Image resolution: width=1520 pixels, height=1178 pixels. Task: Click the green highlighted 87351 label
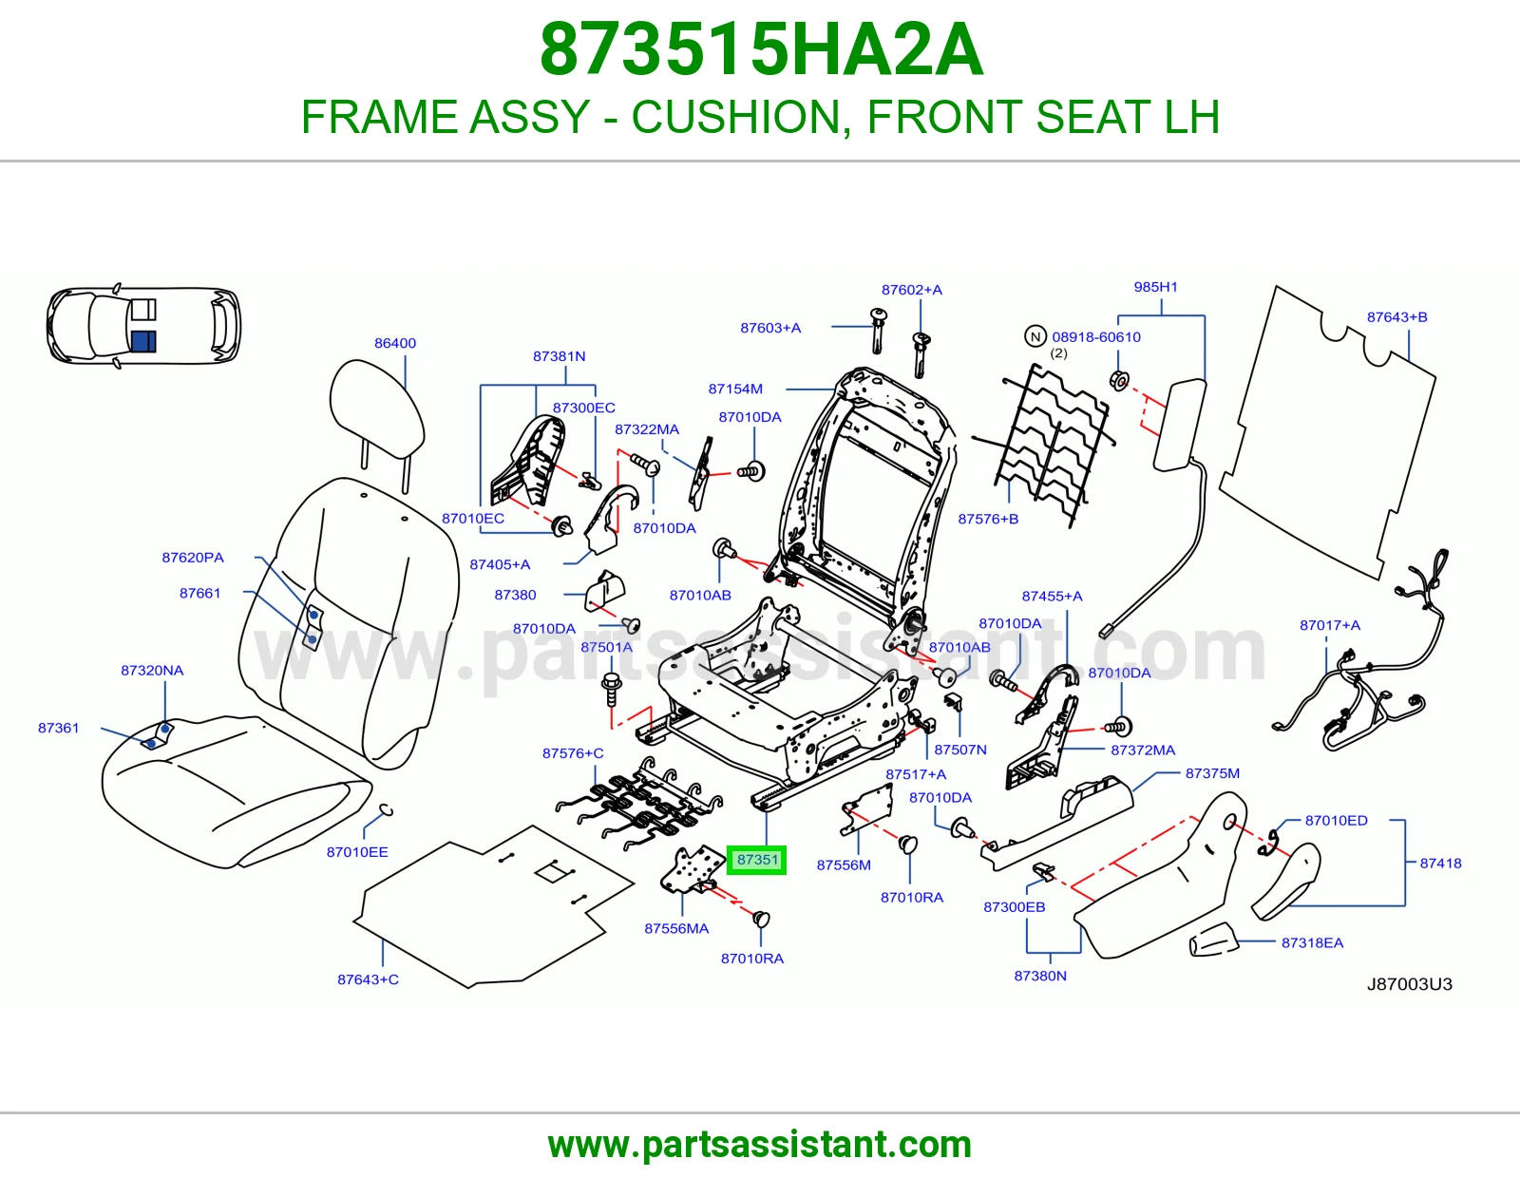pyautogui.click(x=757, y=860)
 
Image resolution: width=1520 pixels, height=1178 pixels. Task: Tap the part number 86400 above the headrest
pyautogui.click(x=395, y=343)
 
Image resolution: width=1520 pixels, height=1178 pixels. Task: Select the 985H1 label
pyautogui.click(x=1155, y=287)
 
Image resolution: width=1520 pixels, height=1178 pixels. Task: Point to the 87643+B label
pyautogui.click(x=1396, y=317)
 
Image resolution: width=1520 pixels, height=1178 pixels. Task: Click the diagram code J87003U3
pyautogui.click(x=1410, y=984)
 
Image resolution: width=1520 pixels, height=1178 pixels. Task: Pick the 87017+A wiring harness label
pyautogui.click(x=1330, y=625)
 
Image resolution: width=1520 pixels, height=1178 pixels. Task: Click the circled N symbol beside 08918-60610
pyautogui.click(x=1035, y=336)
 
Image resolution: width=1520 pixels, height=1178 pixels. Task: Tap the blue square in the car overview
pyautogui.click(x=143, y=341)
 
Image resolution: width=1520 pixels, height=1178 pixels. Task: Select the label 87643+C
pyautogui.click(x=368, y=979)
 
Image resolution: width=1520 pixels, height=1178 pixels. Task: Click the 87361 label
pyautogui.click(x=58, y=728)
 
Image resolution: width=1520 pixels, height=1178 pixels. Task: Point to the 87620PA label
pyautogui.click(x=193, y=558)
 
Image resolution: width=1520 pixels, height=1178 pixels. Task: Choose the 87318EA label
pyautogui.click(x=1312, y=943)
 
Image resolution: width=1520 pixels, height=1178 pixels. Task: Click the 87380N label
pyautogui.click(x=1040, y=976)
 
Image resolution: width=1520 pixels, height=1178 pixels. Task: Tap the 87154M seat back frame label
pyautogui.click(x=735, y=389)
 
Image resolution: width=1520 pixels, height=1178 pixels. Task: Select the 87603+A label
pyautogui.click(x=770, y=328)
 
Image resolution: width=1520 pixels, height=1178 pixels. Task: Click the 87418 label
pyautogui.click(x=1440, y=864)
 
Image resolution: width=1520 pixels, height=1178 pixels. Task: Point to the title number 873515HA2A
pyautogui.click(x=762, y=49)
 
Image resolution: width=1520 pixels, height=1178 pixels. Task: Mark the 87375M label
pyautogui.click(x=1212, y=773)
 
